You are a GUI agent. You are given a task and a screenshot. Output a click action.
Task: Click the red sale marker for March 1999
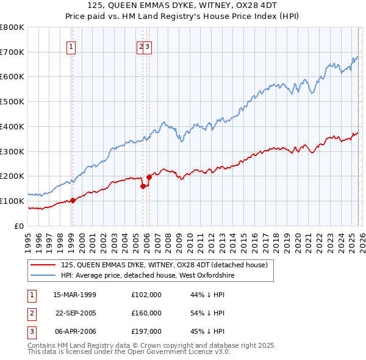click(73, 200)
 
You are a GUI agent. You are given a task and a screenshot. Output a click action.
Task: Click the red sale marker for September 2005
click(143, 186)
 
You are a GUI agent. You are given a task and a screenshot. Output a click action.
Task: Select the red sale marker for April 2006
click(149, 177)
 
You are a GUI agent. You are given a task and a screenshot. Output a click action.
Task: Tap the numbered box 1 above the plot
click(71, 46)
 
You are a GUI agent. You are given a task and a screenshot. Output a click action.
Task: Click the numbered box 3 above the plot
click(148, 46)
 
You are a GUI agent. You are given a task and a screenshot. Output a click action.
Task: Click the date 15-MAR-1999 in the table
click(75, 295)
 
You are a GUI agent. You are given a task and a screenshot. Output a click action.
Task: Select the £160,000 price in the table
click(146, 313)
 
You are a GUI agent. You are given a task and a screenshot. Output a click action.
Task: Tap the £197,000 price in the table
click(146, 331)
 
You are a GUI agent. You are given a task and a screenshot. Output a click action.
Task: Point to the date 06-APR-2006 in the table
click(75, 331)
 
